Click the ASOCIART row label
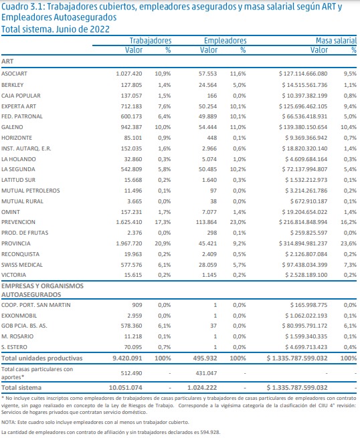tap(14, 74)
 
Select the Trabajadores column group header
tap(151, 41)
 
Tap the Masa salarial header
tap(336, 41)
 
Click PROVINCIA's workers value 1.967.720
tap(129, 243)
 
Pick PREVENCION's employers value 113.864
tap(207, 223)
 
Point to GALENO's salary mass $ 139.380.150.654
tap(303, 127)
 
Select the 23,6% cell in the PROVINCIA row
tap(349, 243)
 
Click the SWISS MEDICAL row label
tap(22, 265)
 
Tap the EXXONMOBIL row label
tap(19, 316)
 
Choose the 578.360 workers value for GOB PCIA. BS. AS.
tap(131, 326)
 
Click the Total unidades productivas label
tap(42, 358)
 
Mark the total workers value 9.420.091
tap(127, 358)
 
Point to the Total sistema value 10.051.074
tap(126, 388)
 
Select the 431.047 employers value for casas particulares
tap(206, 373)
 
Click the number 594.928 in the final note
tap(210, 433)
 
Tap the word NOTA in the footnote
tap(7, 423)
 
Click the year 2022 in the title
tap(100, 29)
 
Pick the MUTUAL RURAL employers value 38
tap(213, 201)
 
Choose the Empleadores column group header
tap(226, 41)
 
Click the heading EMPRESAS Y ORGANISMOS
tap(42, 286)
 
